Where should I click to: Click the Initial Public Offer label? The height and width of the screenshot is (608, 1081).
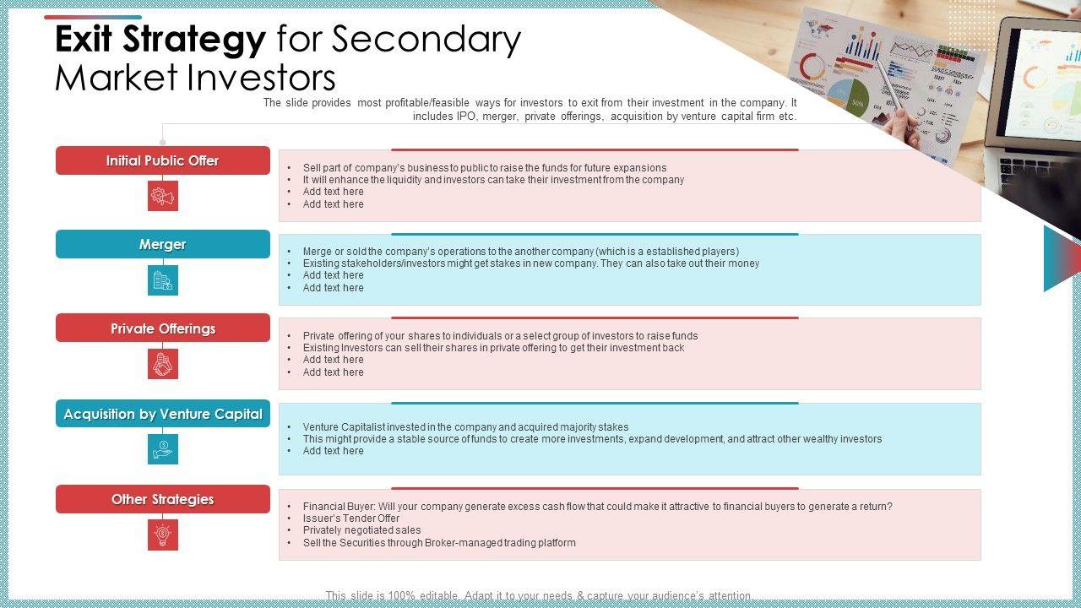pyautogui.click(x=162, y=160)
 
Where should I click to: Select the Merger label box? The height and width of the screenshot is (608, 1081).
pyautogui.click(x=162, y=244)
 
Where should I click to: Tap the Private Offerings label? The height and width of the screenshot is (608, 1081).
pyautogui.click(x=162, y=328)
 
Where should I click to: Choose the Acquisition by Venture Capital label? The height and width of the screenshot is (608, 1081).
pyautogui.click(x=162, y=414)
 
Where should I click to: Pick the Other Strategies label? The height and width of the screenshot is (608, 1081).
pyautogui.click(x=162, y=499)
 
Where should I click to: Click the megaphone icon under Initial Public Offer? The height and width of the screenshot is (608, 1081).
pyautogui.click(x=162, y=196)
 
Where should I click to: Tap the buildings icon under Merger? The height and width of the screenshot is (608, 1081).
pyautogui.click(x=162, y=280)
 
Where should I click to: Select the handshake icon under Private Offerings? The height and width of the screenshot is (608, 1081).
pyautogui.click(x=162, y=364)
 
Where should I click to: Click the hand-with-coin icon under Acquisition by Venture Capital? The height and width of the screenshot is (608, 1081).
pyautogui.click(x=162, y=449)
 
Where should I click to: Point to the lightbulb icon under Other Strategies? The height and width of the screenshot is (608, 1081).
pyautogui.click(x=162, y=534)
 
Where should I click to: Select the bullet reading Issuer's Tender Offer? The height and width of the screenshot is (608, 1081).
pyautogui.click(x=351, y=518)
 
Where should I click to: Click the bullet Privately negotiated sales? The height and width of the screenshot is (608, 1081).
pyautogui.click(x=361, y=530)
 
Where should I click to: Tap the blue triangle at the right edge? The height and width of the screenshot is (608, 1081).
pyautogui.click(x=1060, y=258)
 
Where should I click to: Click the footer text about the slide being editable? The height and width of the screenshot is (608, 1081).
pyautogui.click(x=539, y=596)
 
